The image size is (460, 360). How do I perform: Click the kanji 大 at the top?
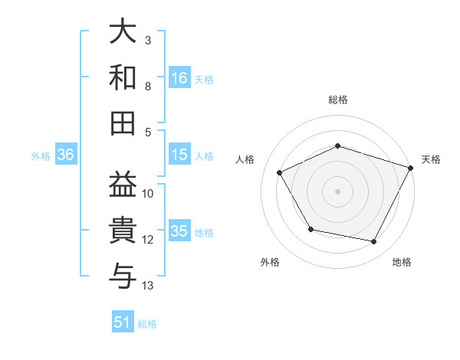123,33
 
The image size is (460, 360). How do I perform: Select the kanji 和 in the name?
123,77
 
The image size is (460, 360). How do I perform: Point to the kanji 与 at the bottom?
123,273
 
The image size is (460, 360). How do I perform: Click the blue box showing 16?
179,77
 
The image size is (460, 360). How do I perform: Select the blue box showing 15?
179,155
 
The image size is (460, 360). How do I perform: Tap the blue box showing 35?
179,231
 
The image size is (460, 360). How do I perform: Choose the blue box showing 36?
66,155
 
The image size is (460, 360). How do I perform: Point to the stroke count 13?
148,286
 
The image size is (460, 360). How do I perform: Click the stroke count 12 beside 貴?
148,240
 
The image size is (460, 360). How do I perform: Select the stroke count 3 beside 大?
147,40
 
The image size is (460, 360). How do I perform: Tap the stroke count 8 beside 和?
147,86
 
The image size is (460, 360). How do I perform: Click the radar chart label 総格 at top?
338,100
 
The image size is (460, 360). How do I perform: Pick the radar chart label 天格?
431,159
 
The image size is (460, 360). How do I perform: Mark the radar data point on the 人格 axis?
280,173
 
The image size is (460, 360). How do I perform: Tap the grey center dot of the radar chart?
338,191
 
